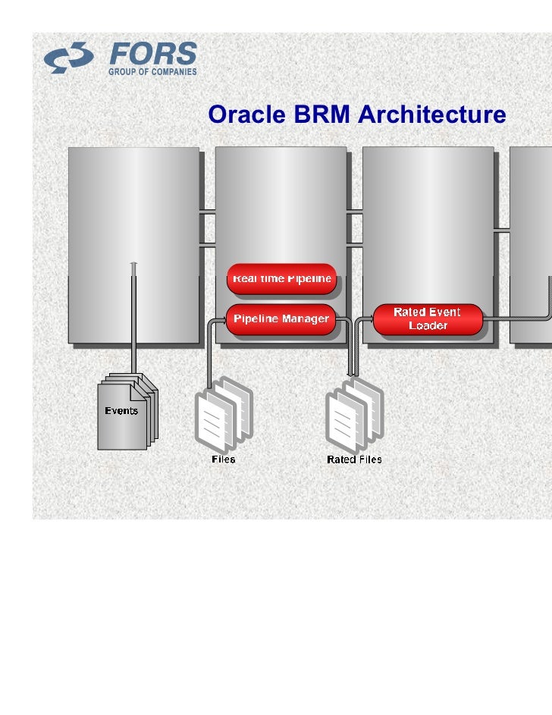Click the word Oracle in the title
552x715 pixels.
pyautogui.click(x=243, y=115)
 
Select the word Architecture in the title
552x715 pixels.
pyautogui.click(x=430, y=115)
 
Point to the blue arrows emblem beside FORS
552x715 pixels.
pyautogui.click(x=69, y=58)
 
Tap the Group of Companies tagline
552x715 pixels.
pyautogui.click(x=152, y=72)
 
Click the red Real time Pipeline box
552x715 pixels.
pyautogui.click(x=281, y=278)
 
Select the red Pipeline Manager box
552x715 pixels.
pyautogui.click(x=281, y=319)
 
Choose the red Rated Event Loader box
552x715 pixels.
pyautogui.click(x=428, y=319)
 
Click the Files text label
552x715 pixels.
pyautogui.click(x=223, y=459)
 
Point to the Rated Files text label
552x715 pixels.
pyautogui.click(x=354, y=459)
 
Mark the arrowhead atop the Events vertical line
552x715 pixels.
pyautogui.click(x=133, y=265)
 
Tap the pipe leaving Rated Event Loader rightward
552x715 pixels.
pyautogui.click(x=516, y=320)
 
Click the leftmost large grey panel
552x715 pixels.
pyautogui.click(x=134, y=212)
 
